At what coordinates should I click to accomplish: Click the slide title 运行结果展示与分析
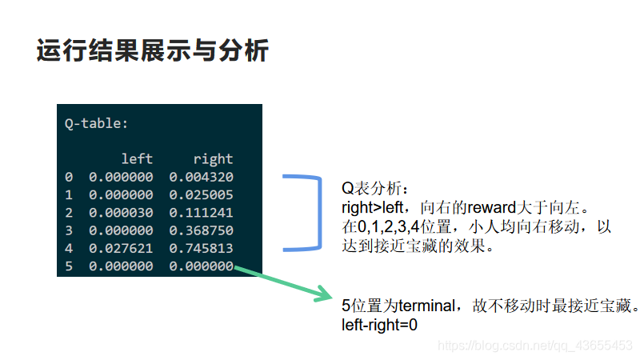(152, 51)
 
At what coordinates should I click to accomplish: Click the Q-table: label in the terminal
(96, 124)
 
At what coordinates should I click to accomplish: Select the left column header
(136, 159)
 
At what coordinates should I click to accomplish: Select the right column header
(213, 159)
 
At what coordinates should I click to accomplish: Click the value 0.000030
(120, 213)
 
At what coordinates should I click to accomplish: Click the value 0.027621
(120, 248)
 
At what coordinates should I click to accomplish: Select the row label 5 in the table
(69, 266)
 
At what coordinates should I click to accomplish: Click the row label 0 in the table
(69, 177)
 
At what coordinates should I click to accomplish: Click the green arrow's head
(326, 294)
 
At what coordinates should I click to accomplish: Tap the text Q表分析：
(375, 190)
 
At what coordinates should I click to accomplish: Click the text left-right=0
(379, 325)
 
